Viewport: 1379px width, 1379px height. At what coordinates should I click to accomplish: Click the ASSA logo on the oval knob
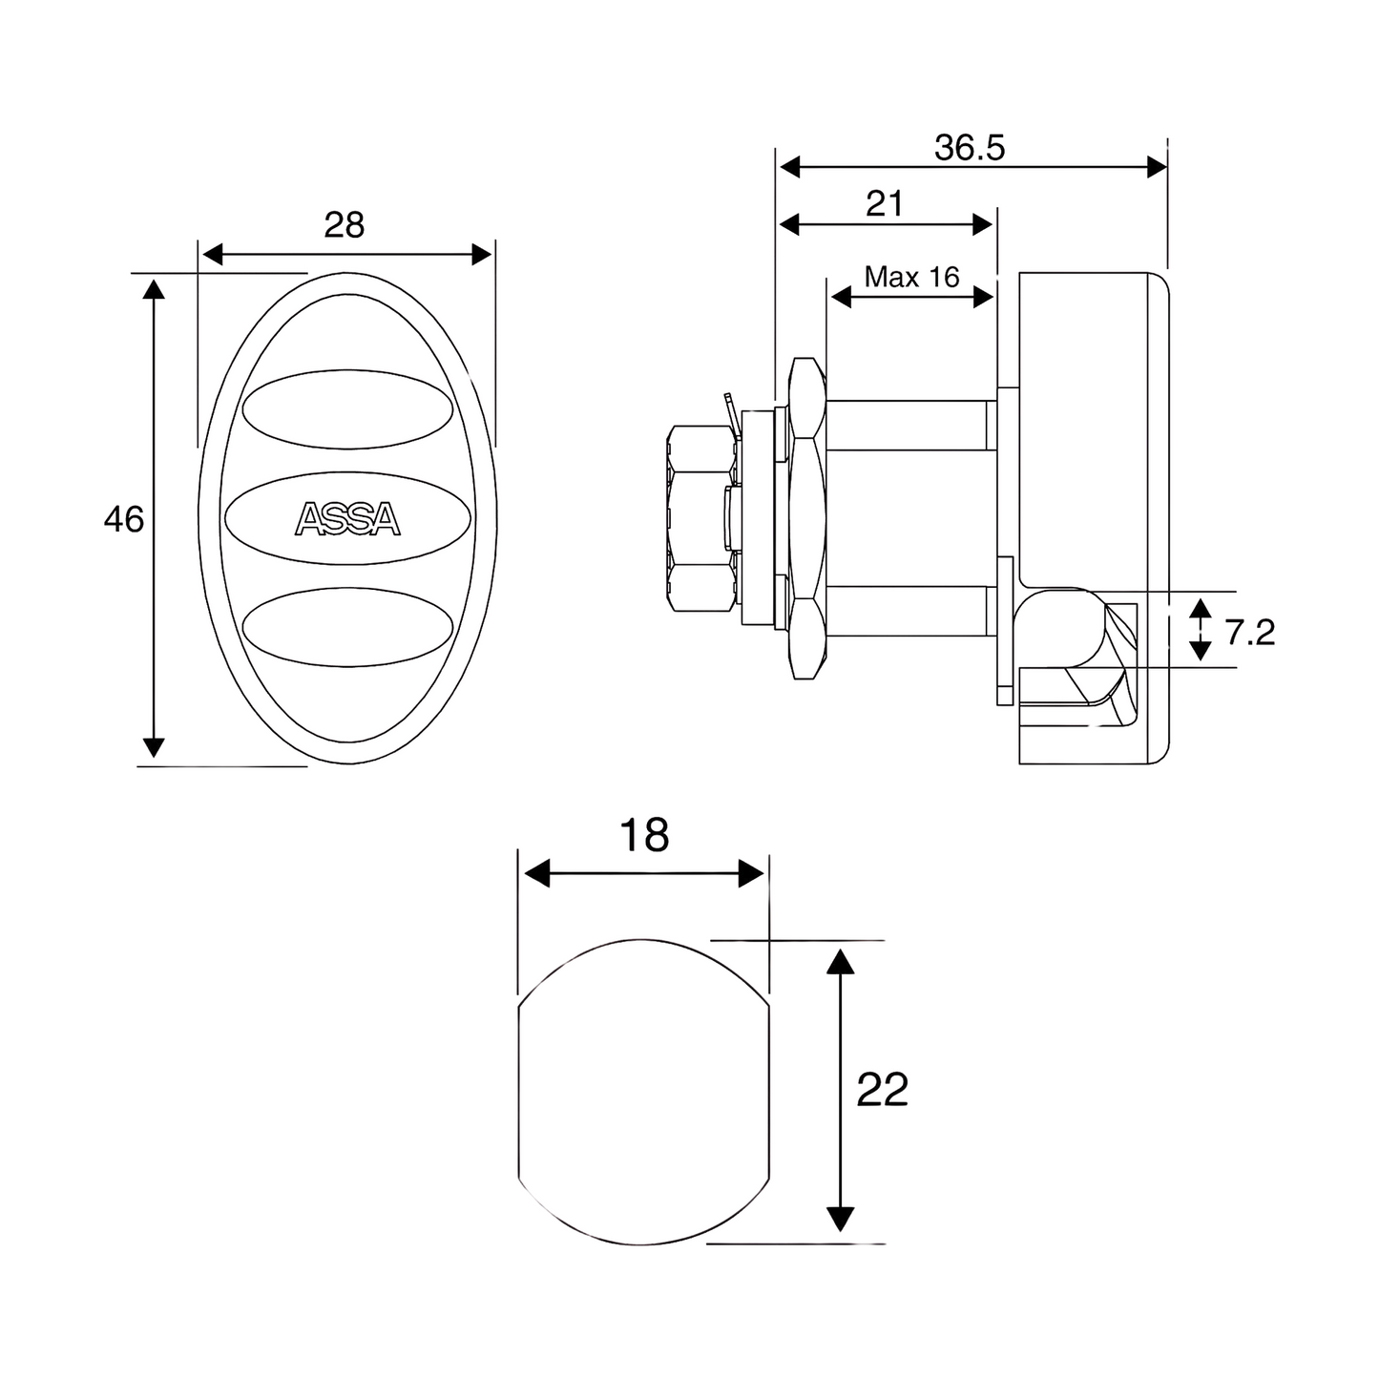click(347, 519)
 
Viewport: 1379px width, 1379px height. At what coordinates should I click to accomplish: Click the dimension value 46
click(124, 519)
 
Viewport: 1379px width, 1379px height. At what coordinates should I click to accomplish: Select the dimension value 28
click(345, 224)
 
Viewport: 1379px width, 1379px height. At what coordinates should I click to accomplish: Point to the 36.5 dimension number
click(970, 147)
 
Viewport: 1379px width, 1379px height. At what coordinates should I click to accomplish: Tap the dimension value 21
click(886, 204)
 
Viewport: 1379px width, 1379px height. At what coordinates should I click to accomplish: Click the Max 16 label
click(911, 277)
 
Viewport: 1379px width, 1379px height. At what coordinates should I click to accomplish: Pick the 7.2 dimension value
click(1250, 633)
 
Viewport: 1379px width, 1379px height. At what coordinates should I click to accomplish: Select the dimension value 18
click(644, 834)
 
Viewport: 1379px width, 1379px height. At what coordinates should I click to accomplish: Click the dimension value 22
click(883, 1090)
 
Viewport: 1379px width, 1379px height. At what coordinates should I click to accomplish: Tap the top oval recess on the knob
click(347, 409)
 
